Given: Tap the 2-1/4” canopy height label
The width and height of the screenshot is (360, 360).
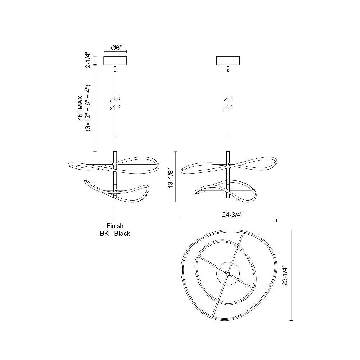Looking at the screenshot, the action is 88,60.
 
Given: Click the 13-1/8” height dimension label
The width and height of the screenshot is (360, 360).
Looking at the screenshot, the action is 171,179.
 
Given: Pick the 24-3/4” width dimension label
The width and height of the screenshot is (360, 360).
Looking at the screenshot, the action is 232,215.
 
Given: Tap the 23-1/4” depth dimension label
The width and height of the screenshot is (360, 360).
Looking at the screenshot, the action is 285,276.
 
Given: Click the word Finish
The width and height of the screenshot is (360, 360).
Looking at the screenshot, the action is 115,226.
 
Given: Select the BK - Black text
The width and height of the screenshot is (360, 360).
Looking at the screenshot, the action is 115,234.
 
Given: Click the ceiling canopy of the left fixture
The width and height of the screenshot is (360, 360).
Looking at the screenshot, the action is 115,60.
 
